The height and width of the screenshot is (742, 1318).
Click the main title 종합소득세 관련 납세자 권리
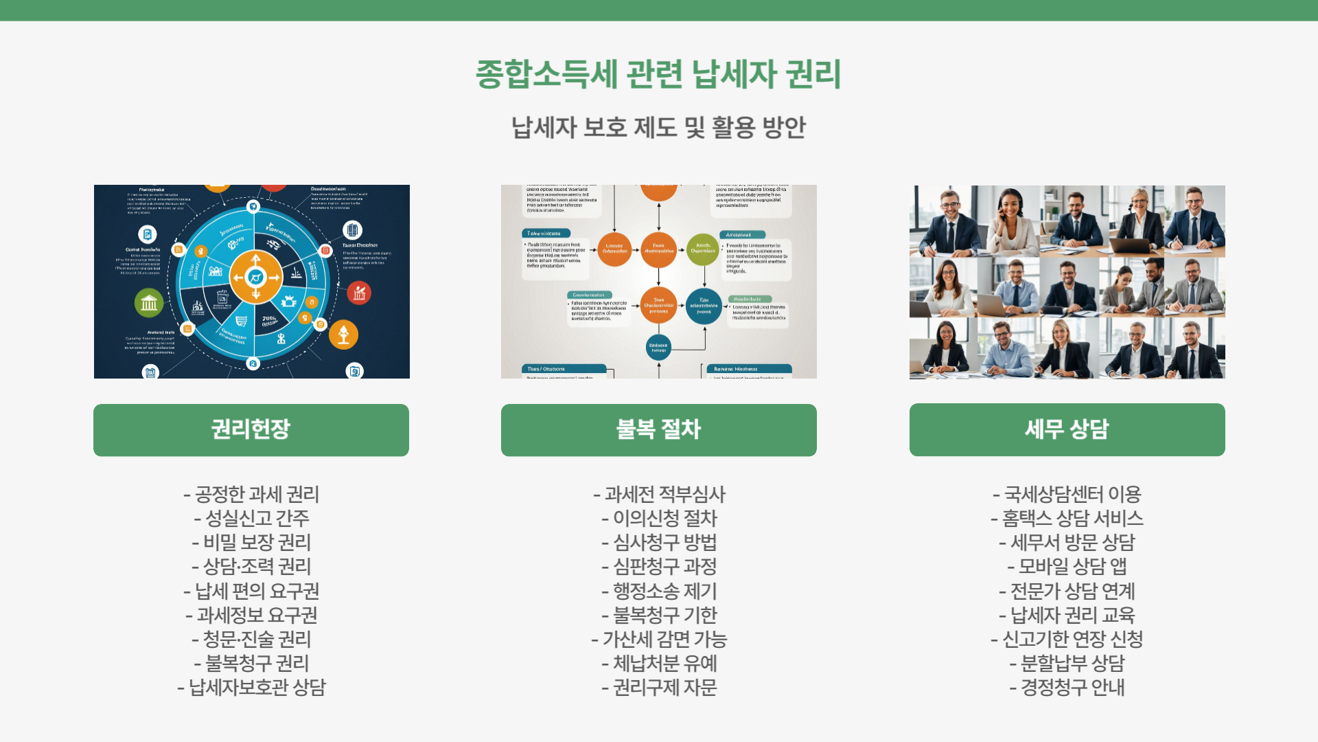click(658, 74)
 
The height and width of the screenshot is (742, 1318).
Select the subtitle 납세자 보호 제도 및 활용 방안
click(658, 128)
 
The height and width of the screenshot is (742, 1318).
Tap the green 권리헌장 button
click(251, 429)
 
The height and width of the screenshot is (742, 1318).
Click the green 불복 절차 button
click(658, 429)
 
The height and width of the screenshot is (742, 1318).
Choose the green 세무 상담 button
click(1067, 429)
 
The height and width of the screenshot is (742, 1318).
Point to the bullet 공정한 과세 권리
click(251, 495)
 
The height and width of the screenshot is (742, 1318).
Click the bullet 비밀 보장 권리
click(251, 543)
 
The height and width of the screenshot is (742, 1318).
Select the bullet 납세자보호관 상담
click(251, 688)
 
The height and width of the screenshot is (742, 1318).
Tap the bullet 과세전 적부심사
click(659, 495)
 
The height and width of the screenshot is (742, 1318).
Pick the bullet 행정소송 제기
click(659, 591)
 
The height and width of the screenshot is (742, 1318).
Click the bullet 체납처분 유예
click(659, 664)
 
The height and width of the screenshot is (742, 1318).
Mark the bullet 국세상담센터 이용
click(1067, 495)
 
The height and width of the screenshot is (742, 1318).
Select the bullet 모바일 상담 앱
click(1067, 567)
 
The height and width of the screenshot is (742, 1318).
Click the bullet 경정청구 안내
click(1067, 688)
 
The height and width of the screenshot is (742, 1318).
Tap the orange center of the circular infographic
click(255, 278)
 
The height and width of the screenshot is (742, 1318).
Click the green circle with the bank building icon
click(149, 303)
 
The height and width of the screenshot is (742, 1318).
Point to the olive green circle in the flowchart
click(703, 249)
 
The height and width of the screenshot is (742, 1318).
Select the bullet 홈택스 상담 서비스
click(1067, 519)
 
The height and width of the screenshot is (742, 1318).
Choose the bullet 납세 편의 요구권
click(251, 591)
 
